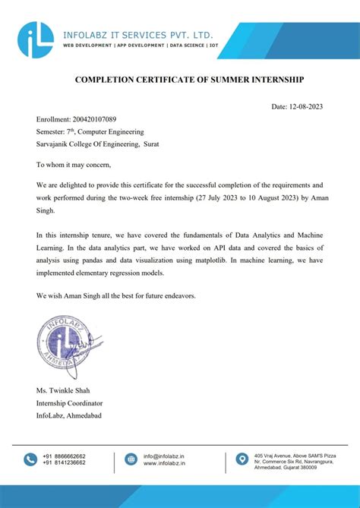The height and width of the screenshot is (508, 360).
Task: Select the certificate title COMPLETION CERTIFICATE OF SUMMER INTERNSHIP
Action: point(178,79)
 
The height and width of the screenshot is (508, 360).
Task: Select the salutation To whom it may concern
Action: point(74,164)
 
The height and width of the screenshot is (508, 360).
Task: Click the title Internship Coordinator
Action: point(70,403)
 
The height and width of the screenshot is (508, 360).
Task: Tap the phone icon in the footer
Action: point(30,459)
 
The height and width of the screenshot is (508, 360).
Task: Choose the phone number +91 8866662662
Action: point(65,456)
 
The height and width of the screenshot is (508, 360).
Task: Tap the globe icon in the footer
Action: point(131,459)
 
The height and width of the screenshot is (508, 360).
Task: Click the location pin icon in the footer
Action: point(242,459)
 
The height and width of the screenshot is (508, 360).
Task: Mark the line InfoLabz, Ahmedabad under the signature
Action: point(69,415)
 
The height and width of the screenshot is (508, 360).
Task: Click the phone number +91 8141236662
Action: point(65,463)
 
